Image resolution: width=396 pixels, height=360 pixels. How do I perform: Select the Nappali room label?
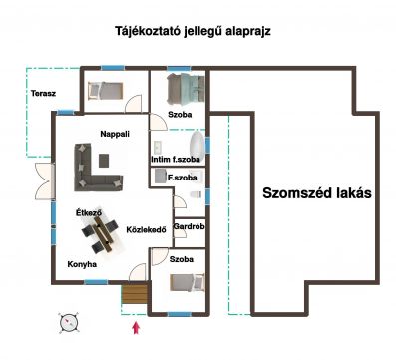[x=115, y=134]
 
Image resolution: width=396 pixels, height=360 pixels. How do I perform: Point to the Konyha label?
[x=82, y=264]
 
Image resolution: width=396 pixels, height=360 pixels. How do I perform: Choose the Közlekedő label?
[x=146, y=229]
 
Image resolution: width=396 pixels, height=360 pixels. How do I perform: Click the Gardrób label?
[x=189, y=227]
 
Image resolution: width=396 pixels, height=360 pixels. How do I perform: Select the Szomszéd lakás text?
[x=317, y=192]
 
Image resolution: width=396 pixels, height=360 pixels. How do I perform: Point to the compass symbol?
[x=68, y=322]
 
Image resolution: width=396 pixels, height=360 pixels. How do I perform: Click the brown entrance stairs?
[x=133, y=294]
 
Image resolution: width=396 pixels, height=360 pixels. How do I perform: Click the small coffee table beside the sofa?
[x=108, y=158]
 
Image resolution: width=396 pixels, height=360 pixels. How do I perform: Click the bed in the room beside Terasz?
[x=105, y=90]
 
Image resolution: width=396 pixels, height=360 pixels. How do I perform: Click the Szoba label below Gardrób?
[x=181, y=258]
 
